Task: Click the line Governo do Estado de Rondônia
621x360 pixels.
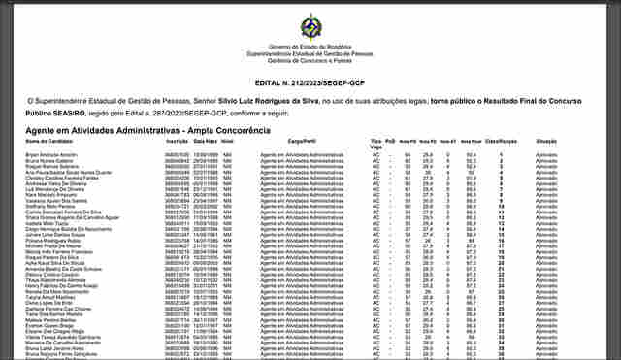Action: pos(310,45)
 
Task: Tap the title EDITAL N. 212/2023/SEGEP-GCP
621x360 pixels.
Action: pos(310,82)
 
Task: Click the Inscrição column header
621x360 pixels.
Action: pos(176,142)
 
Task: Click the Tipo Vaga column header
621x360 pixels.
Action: pos(376,144)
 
